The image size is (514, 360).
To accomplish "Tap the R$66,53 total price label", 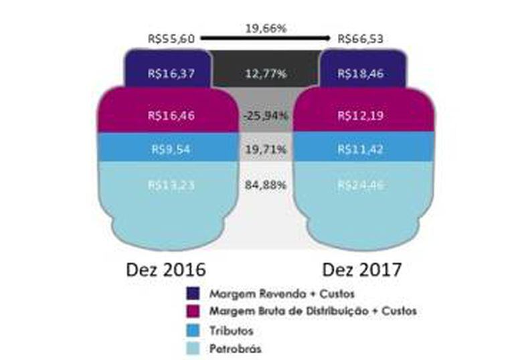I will pos(361,39).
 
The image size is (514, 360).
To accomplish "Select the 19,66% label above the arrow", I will pos(266,29).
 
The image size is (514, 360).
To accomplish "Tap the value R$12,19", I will pos(361,115).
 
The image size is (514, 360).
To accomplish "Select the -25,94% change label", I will pos(265,115).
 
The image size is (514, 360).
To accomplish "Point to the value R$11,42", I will pos(361,149).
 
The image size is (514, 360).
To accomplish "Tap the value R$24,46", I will pos(361,185).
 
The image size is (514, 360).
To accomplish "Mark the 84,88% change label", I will pos(265,185).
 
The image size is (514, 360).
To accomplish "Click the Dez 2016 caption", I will pos(165,270).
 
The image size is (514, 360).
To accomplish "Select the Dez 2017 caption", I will pos(362,270).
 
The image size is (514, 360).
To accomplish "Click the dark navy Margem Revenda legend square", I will pos(193,294).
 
